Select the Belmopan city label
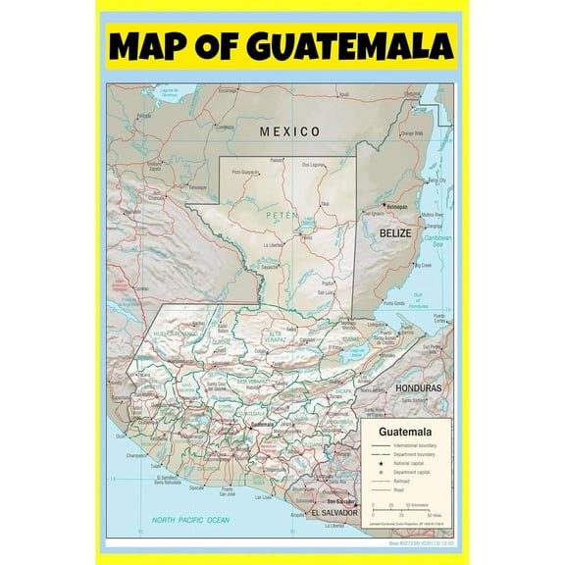pyautogui.click(x=395, y=208)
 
